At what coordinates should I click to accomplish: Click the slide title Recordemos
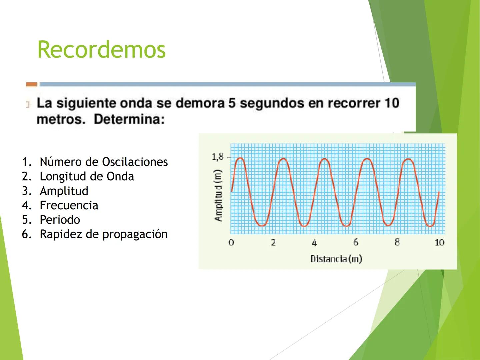[101, 50]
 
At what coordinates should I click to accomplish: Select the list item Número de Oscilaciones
[104, 162]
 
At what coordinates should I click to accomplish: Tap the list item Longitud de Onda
[87, 176]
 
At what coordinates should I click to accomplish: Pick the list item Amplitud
[64, 191]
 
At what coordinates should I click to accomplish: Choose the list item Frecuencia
[69, 205]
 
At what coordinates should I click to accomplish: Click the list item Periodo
[60, 220]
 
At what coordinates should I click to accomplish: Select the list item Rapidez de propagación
[104, 234]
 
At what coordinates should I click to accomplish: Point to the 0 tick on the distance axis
[231, 242]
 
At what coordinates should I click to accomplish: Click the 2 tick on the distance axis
[273, 242]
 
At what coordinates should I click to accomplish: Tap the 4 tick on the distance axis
[314, 243]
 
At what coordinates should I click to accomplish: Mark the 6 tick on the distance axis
[356, 242]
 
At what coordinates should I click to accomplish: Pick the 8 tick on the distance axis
[397, 242]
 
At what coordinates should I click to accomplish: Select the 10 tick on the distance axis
[439, 242]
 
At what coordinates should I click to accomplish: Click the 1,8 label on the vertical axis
[218, 157]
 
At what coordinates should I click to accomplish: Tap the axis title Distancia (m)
[336, 259]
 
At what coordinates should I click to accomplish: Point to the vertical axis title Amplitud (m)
[218, 195]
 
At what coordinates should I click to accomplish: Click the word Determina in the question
[129, 119]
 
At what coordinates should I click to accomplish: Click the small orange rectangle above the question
[32, 84]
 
